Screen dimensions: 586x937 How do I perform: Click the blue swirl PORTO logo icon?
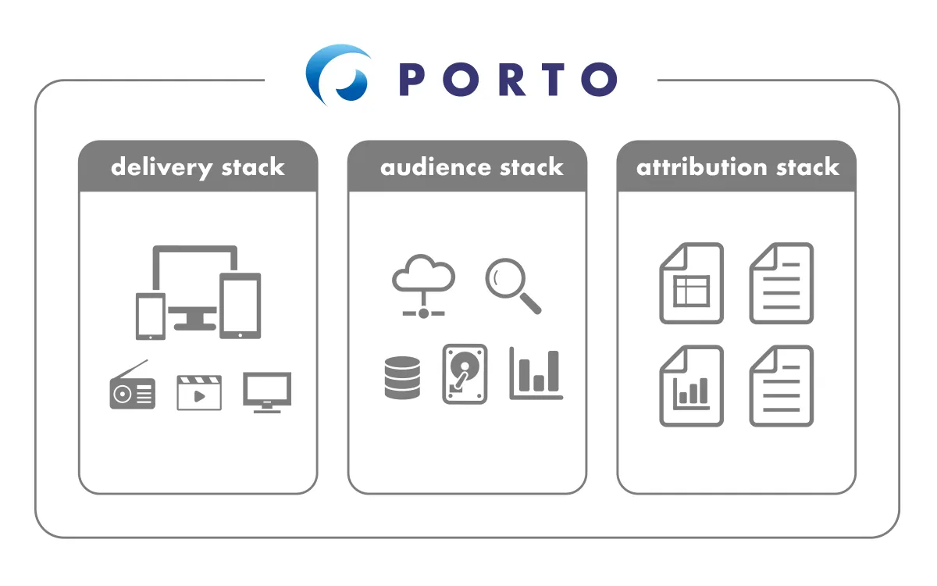pos(337,75)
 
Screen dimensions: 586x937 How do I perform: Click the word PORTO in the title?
pos(508,79)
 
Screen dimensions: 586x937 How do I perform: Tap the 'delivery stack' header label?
pos(198,167)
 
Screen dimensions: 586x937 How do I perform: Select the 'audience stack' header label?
pos(472,167)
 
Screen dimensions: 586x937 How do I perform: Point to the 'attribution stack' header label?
pos(738,167)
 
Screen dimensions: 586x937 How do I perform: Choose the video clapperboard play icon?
pos(199,392)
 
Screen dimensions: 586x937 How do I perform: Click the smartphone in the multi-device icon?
pos(151,316)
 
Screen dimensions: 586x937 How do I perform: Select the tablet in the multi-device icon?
pos(240,306)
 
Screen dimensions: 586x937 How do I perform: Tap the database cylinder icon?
pos(402,378)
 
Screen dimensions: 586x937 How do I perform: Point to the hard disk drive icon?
pos(465,374)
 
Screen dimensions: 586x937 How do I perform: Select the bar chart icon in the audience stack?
pos(536,374)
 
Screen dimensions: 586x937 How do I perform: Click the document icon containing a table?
pos(692,283)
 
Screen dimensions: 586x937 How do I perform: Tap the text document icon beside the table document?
pos(782,283)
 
